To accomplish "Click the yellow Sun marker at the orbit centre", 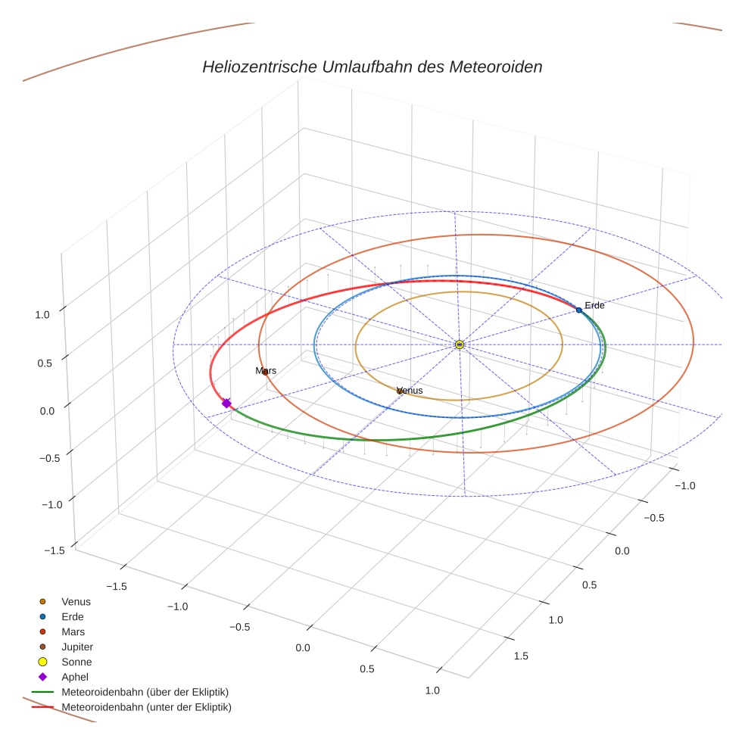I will [460, 344].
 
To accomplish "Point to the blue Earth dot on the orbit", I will [579, 310].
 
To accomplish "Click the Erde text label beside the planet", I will [594, 305].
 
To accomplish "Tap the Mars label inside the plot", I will [266, 371].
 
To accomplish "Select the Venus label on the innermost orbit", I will [410, 391].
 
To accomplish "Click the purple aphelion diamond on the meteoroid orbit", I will [226, 403].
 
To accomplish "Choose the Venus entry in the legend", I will [76, 601].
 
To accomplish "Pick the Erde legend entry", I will [73, 616].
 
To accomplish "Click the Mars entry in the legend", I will [73, 631].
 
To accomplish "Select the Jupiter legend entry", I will [77, 647].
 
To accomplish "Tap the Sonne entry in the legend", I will [76, 662].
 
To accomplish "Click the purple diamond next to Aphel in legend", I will [43, 677].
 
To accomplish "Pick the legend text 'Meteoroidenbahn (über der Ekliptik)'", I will [145, 692].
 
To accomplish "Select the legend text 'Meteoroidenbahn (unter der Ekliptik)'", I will [146, 707].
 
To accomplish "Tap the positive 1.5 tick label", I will [521, 656].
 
